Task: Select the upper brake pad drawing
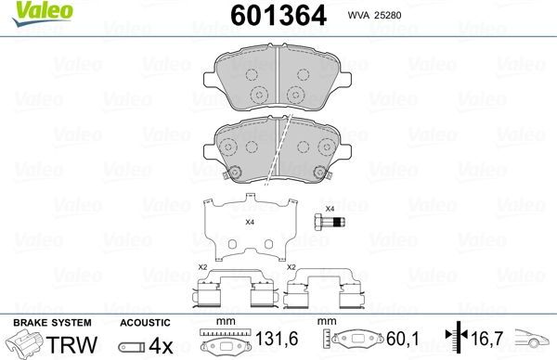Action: (279, 80)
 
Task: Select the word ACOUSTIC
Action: (146, 321)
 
